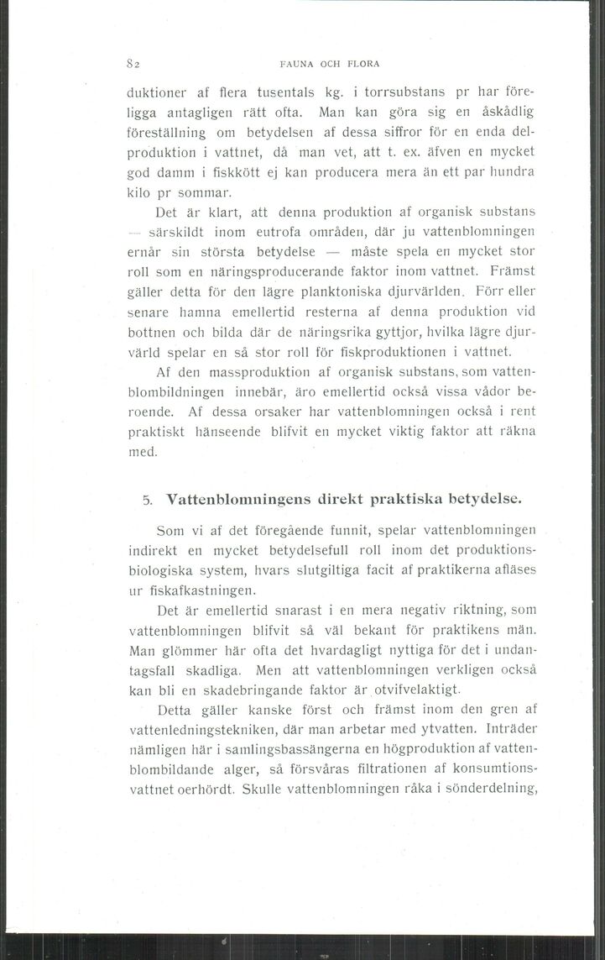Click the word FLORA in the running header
[362, 63]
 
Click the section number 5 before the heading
[147, 499]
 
